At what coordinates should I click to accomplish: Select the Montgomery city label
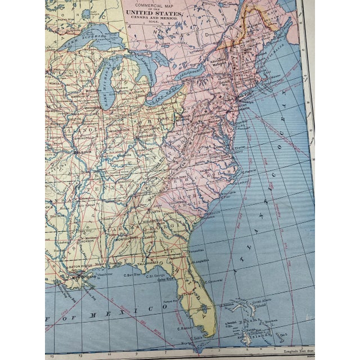click(x=128, y=238)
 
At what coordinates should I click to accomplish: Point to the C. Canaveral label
click(x=214, y=282)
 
